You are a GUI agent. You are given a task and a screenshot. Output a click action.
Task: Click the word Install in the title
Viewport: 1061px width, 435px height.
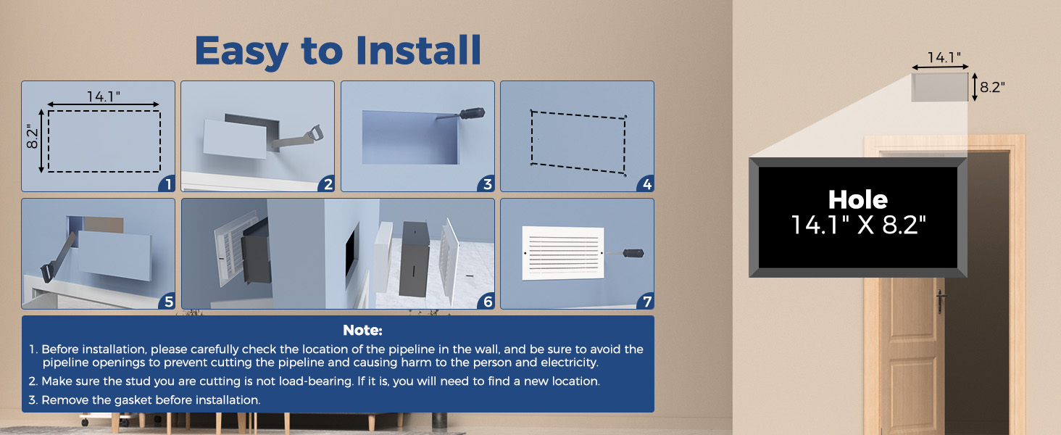(418, 50)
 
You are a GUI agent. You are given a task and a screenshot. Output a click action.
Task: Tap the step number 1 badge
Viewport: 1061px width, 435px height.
(167, 184)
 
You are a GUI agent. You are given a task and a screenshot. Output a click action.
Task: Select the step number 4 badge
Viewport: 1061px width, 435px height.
(646, 184)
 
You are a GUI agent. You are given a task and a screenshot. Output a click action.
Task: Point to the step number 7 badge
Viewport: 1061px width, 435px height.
(646, 302)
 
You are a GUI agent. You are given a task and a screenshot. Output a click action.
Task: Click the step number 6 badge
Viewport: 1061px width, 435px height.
(487, 302)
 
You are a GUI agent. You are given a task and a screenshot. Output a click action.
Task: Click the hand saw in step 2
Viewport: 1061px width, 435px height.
(299, 139)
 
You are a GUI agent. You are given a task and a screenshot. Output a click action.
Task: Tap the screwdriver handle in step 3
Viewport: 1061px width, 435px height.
(473, 113)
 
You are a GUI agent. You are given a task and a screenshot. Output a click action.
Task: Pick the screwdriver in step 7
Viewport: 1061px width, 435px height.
(626, 253)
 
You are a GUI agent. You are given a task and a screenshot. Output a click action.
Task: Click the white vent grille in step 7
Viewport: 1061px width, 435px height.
(563, 253)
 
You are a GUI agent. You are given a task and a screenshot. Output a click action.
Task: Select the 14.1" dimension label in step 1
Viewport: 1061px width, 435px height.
(103, 96)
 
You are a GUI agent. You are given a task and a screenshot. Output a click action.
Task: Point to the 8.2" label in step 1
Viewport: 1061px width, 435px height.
(32, 136)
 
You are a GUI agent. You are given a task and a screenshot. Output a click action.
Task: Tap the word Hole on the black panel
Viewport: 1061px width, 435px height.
(858, 199)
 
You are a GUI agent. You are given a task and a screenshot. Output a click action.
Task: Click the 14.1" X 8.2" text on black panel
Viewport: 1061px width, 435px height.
(858, 225)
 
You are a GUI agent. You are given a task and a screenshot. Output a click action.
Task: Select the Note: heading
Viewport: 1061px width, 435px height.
(362, 331)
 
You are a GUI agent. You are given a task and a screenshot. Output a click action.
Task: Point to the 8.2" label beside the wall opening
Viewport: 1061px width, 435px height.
(992, 87)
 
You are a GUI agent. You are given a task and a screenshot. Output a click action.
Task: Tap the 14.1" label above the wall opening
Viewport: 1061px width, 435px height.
(944, 58)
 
